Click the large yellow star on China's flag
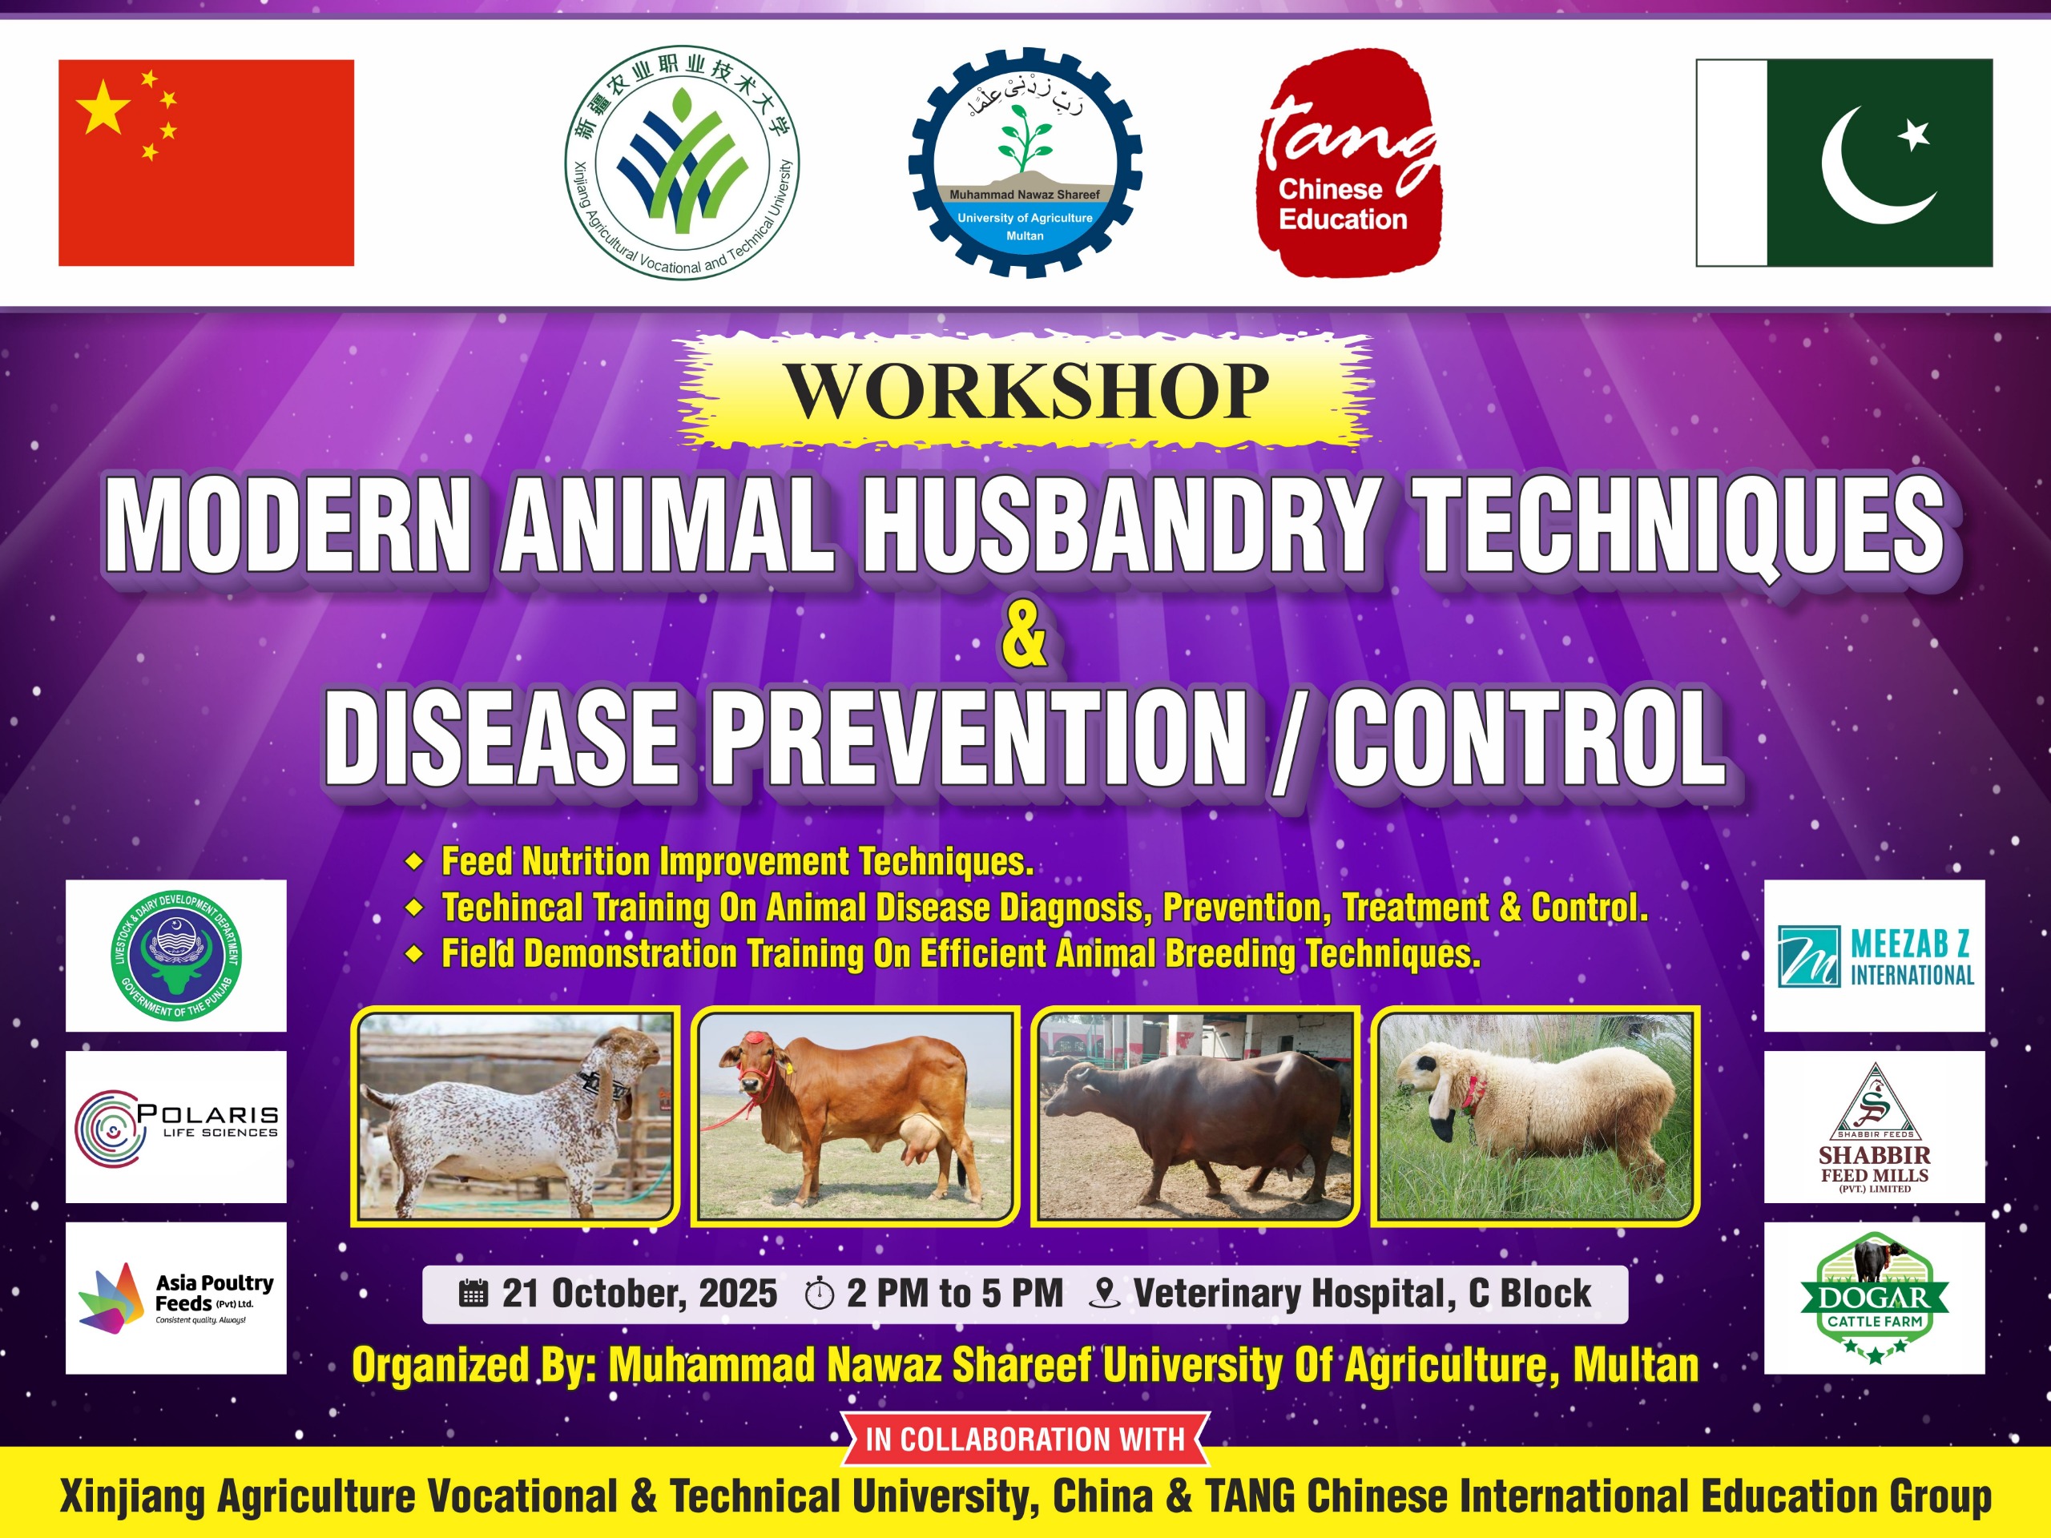coord(102,107)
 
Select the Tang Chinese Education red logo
coord(1348,163)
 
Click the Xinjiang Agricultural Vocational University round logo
coord(682,163)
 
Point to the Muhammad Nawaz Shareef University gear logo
coord(1025,163)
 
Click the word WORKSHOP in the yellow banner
coord(1026,390)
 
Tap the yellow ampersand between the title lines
coord(1025,632)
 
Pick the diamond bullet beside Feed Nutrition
coord(414,862)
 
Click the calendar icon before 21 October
coord(473,1293)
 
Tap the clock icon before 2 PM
coord(820,1293)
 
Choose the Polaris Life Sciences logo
coord(176,1127)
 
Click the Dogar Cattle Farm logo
coord(1875,1298)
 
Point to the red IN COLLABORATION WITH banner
coord(1025,1439)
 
